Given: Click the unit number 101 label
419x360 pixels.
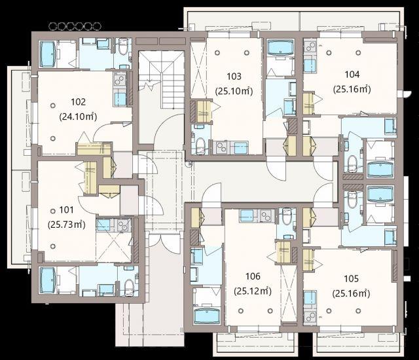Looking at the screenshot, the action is (66, 210).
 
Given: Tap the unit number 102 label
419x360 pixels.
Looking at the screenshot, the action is (79, 101).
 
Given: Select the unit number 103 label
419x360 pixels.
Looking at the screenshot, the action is (234, 77).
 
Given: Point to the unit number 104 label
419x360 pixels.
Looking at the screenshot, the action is (352, 74).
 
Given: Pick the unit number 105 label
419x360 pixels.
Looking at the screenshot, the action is (351, 279).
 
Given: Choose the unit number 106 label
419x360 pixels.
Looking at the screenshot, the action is (253, 276).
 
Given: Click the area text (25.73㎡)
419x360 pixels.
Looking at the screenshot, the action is (67, 225).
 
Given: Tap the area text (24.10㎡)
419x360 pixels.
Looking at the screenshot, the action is (78, 117).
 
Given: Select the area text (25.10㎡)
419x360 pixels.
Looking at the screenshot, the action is (234, 91).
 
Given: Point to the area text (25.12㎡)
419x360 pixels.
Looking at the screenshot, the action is (253, 291).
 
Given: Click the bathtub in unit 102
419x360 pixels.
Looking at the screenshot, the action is (48, 54).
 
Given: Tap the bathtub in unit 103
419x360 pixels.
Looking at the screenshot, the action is (280, 48).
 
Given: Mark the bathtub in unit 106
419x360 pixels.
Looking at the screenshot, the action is (207, 316).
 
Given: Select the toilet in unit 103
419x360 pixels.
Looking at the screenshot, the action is (200, 146).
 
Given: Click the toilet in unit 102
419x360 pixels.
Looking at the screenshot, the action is (123, 46).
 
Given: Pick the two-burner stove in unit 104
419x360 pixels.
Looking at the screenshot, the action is (310, 48).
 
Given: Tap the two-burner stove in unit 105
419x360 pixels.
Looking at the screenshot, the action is (310, 317).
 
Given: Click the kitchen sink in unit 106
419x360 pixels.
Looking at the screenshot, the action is (246, 216).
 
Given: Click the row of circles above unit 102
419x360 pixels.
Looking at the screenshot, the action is (75, 26).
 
